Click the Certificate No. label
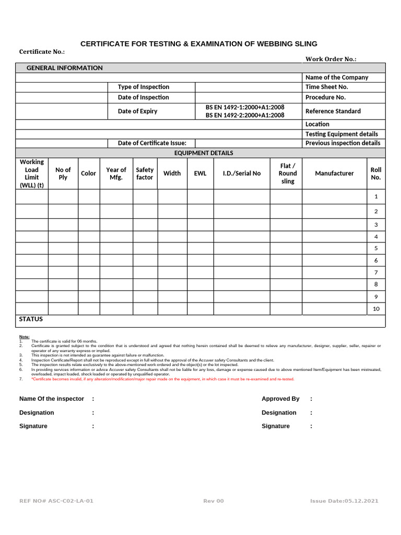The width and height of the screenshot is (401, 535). click(42, 52)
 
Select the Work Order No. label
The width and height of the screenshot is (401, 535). click(331, 59)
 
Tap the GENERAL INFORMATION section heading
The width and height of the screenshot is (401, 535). click(65, 68)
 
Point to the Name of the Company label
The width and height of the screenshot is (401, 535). click(336, 77)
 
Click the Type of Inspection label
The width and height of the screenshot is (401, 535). click(143, 87)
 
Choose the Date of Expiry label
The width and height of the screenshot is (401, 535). click(137, 111)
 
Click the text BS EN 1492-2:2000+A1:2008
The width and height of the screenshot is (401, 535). click(245, 115)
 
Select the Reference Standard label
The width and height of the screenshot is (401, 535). click(333, 111)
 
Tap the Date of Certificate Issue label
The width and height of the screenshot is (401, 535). click(152, 143)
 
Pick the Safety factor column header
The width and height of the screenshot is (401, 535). click(145, 173)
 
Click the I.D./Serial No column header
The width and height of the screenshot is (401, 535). click(242, 173)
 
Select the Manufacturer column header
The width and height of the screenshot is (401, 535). click(334, 173)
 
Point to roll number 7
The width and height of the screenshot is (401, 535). click(376, 273)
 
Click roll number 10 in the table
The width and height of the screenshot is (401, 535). click(376, 309)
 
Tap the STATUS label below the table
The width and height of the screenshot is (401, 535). click(31, 319)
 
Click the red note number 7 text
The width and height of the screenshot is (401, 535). click(162, 379)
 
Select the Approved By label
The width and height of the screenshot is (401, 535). click(280, 399)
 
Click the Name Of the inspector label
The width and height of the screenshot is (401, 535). click(51, 399)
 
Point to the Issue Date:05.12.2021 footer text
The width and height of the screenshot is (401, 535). click(344, 501)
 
